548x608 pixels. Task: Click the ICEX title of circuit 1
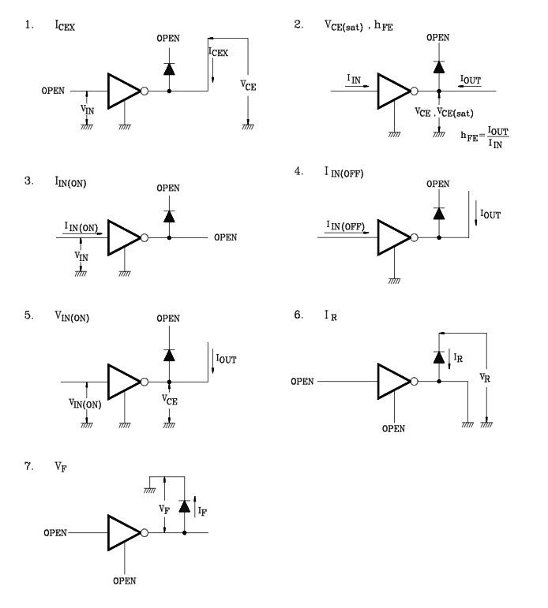65,25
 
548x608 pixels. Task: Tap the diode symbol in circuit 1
169,69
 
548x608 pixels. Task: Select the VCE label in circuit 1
248,85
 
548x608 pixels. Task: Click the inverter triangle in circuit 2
394,91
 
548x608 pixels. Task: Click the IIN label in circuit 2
354,79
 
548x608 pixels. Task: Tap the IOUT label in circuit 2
471,80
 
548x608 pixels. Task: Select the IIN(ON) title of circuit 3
70,182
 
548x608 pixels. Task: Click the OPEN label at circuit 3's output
225,237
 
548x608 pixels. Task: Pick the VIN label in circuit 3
81,256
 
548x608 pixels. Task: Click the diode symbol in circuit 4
439,214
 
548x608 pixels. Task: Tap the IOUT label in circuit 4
490,214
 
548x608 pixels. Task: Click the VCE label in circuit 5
170,399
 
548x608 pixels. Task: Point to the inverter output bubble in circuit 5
145,382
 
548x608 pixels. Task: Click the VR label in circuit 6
485,378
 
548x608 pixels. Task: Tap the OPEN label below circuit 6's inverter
393,428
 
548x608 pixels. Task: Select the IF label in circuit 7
202,512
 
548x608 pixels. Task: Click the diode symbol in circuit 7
185,506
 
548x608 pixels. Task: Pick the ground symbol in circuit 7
149,491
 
